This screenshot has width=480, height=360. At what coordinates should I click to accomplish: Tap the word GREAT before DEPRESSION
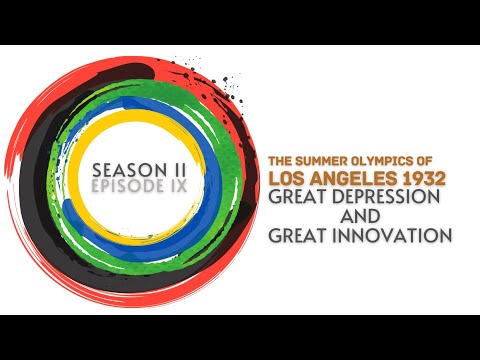297,198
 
